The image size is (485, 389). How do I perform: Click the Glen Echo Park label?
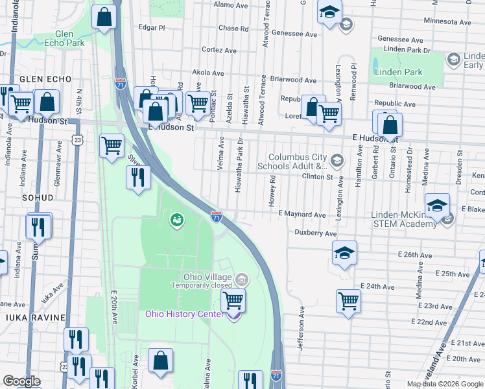pyautogui.click(x=70, y=38)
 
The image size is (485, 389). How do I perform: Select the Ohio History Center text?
pyautogui.click(x=184, y=314)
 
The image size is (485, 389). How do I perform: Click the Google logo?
pyautogui.click(x=21, y=381)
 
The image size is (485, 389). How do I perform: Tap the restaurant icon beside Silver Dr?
pyautogui.click(x=137, y=178)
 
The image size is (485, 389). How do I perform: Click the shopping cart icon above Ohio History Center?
pyautogui.click(x=233, y=300)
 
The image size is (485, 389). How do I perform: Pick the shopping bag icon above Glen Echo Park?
pyautogui.click(x=104, y=18)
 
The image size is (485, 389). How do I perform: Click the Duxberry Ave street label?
pyautogui.click(x=316, y=233)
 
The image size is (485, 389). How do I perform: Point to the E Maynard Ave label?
pyautogui.click(x=302, y=214)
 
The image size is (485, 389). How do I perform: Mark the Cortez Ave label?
pyautogui.click(x=217, y=49)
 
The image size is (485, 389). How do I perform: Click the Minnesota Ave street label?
pyautogui.click(x=445, y=21)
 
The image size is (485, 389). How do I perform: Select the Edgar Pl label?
pyautogui.click(x=152, y=28)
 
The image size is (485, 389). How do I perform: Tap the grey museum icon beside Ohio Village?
pyautogui.click(x=242, y=280)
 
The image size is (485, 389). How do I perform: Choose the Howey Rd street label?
pyautogui.click(x=273, y=192)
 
